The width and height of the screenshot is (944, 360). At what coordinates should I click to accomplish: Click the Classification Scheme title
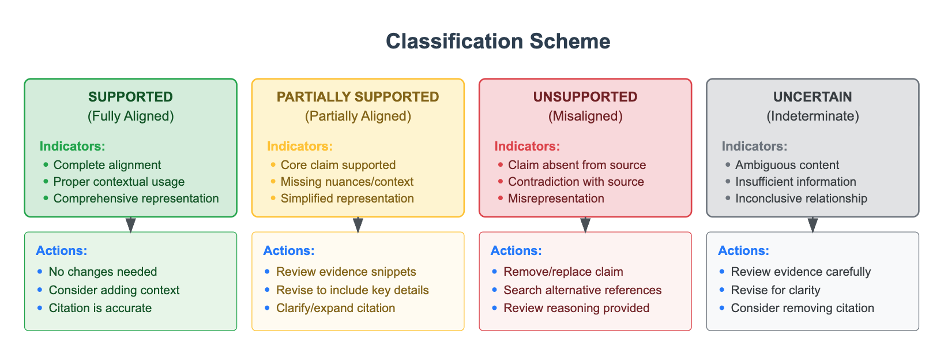(x=498, y=42)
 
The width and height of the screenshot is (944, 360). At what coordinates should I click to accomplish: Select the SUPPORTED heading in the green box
(x=130, y=97)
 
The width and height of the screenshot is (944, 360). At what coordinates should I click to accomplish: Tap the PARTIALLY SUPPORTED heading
(x=358, y=97)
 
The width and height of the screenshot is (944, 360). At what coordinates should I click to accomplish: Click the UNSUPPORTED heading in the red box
(x=585, y=97)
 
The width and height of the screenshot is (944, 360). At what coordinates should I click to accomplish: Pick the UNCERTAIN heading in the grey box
(x=812, y=97)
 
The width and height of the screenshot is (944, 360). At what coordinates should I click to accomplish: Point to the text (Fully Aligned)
(x=130, y=116)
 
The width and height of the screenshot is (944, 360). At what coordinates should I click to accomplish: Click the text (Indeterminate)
(x=812, y=116)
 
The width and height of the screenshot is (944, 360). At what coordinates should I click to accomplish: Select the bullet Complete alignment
(x=107, y=165)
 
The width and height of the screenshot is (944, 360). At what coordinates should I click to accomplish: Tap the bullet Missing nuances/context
(x=347, y=182)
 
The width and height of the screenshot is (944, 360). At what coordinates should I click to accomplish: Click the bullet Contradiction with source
(x=576, y=182)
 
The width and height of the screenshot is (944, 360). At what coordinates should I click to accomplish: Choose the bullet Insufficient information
(x=795, y=182)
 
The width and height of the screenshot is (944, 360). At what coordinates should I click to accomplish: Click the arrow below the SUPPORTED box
(x=131, y=225)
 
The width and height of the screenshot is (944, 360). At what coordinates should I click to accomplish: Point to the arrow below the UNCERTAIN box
(x=813, y=225)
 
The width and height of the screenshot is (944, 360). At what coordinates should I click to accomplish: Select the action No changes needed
(x=103, y=272)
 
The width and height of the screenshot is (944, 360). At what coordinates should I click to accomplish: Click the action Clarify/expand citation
(x=336, y=308)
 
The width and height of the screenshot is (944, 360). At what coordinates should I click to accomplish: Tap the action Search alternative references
(x=582, y=290)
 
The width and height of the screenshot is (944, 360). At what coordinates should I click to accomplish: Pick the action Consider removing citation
(x=802, y=308)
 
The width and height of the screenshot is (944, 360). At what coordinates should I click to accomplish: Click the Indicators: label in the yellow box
(x=299, y=147)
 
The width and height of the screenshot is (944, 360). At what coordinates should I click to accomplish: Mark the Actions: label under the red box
(x=516, y=251)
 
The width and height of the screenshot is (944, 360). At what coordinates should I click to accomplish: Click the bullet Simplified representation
(x=347, y=198)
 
